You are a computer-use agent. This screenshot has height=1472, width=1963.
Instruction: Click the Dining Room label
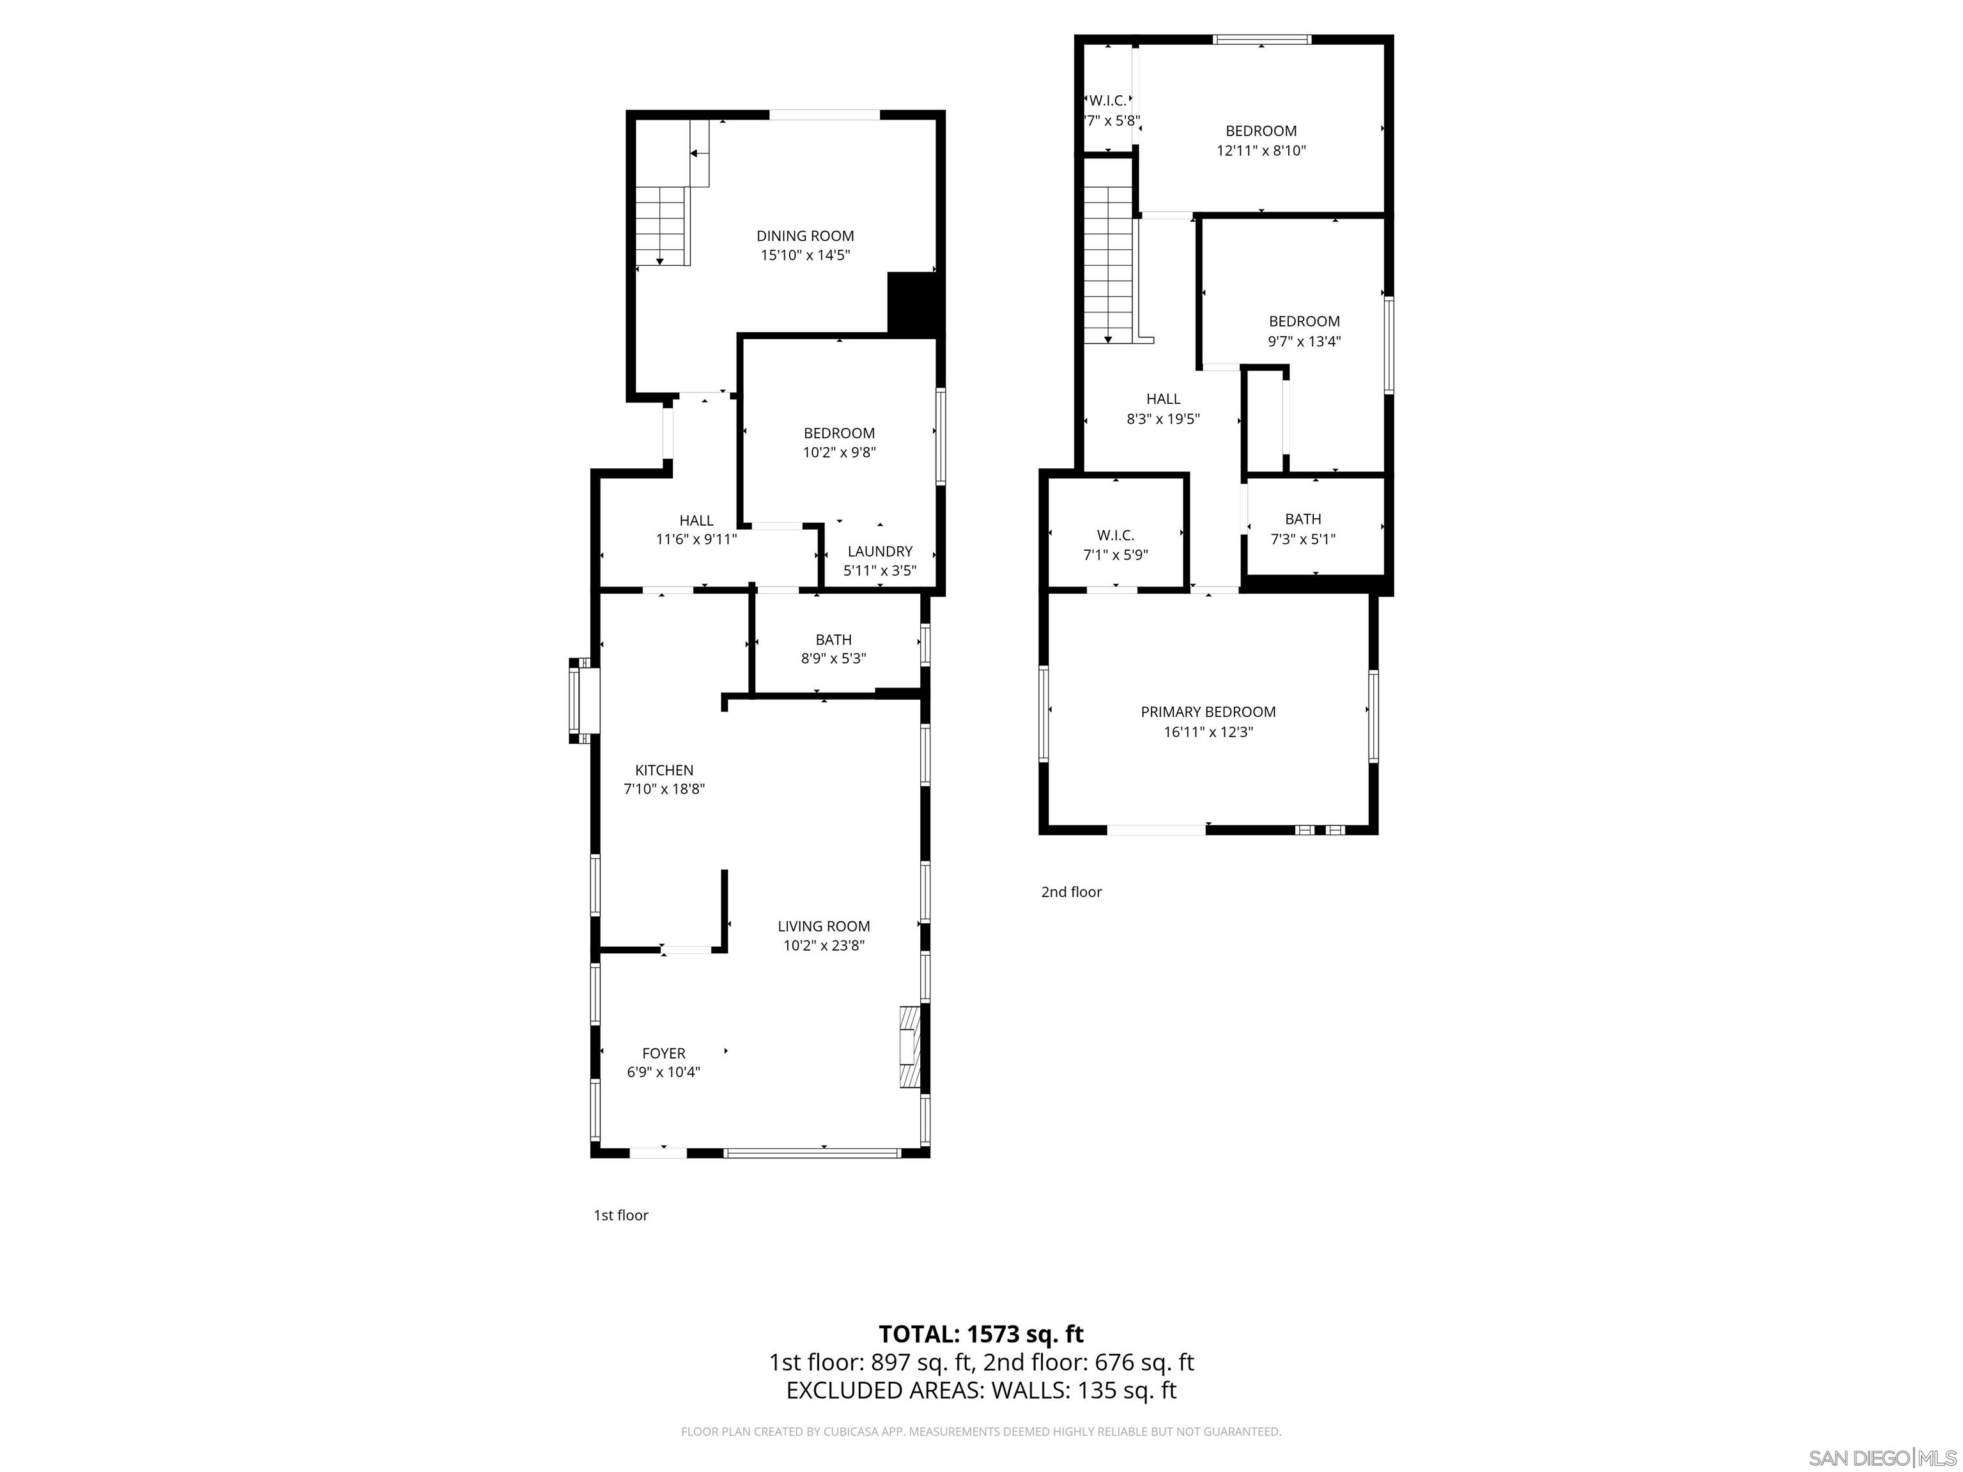tap(805, 236)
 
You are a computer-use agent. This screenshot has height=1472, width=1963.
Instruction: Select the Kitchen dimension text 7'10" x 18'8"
tap(664, 789)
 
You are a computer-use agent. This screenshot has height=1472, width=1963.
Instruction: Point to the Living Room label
tap(824, 926)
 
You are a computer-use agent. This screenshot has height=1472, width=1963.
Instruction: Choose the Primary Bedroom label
tap(1208, 712)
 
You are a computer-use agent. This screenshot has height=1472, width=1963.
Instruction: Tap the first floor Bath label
tap(833, 640)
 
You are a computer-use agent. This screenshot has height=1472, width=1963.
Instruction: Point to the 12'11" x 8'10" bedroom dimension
tap(1261, 151)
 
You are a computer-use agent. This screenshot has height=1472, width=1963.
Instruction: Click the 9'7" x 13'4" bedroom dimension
tap(1304, 342)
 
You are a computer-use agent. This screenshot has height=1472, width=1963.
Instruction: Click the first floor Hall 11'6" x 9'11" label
tap(697, 530)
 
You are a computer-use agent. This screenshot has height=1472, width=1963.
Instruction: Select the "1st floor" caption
tap(621, 1216)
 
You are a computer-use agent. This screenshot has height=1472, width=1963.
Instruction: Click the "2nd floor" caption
tap(1071, 892)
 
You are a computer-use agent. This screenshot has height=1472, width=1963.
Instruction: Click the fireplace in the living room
tap(911, 1047)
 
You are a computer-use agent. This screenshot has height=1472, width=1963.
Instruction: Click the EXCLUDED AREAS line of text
tap(981, 1390)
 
